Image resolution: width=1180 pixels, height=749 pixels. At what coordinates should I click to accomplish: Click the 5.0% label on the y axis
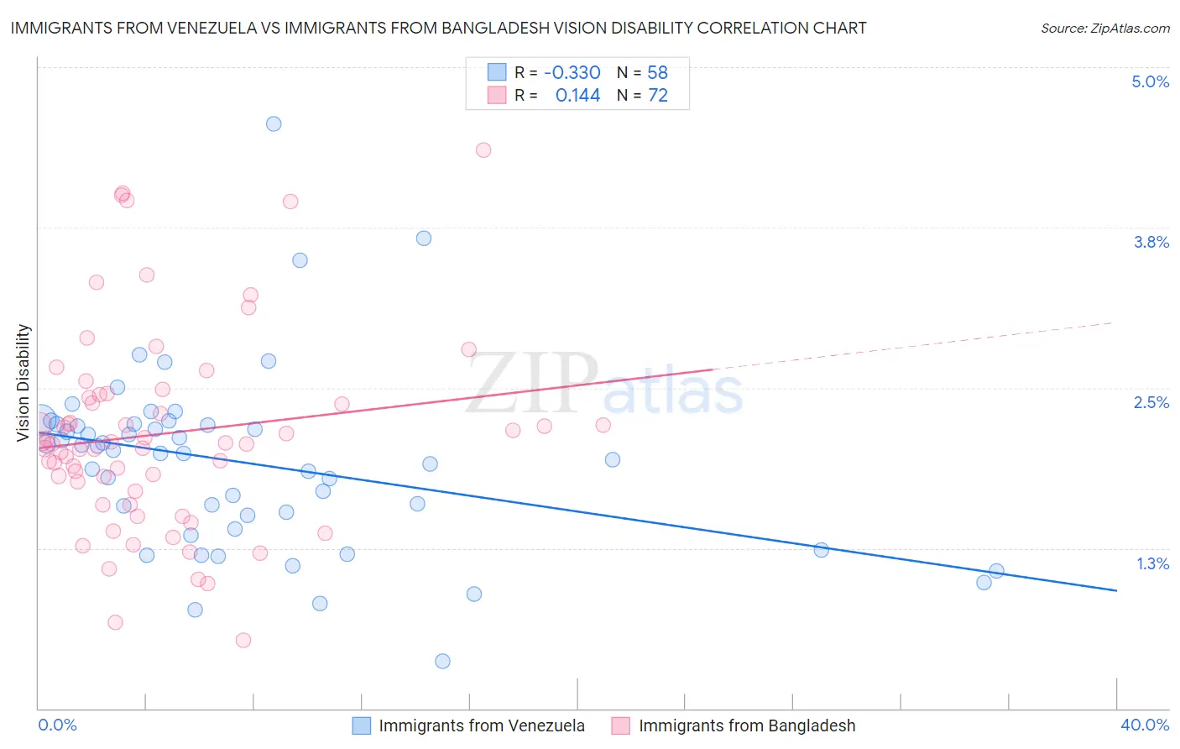[1150, 81]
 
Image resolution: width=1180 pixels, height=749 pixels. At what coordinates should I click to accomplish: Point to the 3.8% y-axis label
[1151, 242]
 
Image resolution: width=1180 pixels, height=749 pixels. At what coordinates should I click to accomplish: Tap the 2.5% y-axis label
[1151, 402]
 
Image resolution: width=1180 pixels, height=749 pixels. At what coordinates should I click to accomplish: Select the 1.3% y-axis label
[1152, 563]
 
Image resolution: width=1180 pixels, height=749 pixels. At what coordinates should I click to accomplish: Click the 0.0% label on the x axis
[57, 725]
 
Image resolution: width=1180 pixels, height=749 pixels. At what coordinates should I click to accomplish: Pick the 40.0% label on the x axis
[1144, 725]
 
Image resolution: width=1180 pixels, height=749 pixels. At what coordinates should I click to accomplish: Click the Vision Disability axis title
[23, 382]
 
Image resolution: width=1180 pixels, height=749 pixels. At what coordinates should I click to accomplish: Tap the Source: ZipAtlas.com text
[1104, 28]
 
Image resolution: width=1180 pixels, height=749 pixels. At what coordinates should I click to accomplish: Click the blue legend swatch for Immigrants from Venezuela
[362, 725]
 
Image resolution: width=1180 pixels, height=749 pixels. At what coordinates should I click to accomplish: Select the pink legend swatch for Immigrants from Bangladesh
[621, 725]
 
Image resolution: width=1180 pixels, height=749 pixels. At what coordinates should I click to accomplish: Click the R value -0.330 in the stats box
[572, 72]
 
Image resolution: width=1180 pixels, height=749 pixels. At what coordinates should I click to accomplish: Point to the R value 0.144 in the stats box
[577, 96]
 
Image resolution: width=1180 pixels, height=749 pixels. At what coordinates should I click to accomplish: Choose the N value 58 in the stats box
[657, 72]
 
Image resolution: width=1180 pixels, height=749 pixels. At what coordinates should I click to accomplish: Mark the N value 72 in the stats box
[657, 96]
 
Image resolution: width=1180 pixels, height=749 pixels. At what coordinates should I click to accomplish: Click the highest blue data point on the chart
[274, 123]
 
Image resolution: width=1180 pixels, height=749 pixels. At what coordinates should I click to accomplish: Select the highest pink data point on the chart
[483, 150]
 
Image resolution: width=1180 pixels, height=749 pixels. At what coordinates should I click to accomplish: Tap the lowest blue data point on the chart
[442, 661]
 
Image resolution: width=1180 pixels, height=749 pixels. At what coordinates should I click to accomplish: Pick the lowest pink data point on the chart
[243, 640]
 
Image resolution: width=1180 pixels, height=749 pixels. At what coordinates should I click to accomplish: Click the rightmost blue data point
[996, 571]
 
